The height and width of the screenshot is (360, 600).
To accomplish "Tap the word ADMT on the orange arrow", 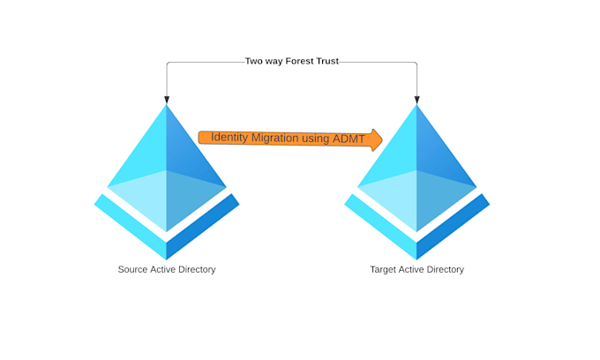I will click(x=349, y=139).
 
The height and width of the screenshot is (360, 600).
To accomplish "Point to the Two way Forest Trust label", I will click(x=291, y=62).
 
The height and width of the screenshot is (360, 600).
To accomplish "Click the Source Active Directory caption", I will click(x=167, y=269).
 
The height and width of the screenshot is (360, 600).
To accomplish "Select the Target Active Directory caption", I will click(x=416, y=269).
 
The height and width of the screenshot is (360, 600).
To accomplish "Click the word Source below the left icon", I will click(x=132, y=269).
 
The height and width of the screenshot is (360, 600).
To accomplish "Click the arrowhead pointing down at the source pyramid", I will click(x=167, y=100).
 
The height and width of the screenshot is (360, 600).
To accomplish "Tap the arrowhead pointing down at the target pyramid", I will click(x=416, y=100).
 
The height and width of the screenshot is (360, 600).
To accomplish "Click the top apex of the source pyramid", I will click(x=167, y=107).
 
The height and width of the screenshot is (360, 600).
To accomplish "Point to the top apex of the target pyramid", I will click(x=416, y=107).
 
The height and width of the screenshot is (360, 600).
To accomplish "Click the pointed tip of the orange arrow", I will click(x=381, y=139).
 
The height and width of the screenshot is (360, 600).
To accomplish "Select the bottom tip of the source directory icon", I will click(x=167, y=259).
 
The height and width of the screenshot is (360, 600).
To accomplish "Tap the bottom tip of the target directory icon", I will click(x=416, y=259).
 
